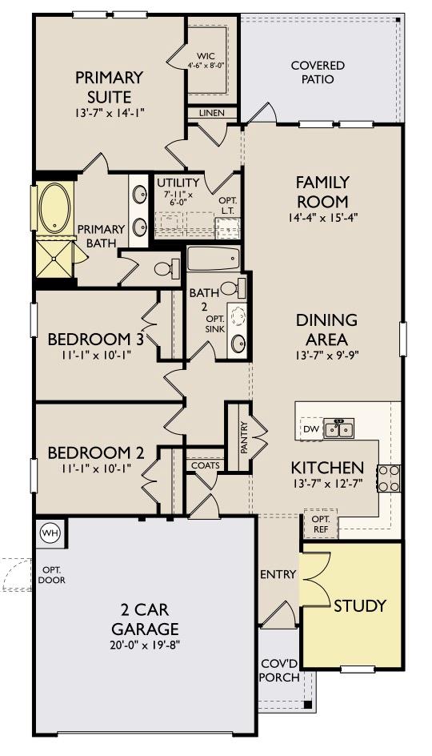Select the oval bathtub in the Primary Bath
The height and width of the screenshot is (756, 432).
coord(55,207)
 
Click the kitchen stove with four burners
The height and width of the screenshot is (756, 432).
coord(389,478)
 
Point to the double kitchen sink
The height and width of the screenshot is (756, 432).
coord(338,428)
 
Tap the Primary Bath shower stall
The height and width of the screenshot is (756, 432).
coord(54,259)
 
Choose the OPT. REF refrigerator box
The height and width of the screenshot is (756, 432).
coord(320,524)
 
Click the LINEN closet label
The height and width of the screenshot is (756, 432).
coord(212,113)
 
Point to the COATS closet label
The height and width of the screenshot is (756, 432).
coord(206,465)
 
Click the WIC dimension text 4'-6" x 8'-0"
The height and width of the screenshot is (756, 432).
coord(207,66)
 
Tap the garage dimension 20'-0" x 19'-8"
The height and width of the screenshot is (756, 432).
coord(145,645)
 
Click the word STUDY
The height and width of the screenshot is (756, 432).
coord(360,605)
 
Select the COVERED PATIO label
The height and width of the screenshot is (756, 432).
coord(318,72)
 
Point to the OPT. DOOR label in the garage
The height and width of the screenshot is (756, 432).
coord(51,575)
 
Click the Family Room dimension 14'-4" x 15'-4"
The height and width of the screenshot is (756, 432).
coord(322,218)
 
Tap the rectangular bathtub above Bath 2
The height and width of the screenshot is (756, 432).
coord(213,259)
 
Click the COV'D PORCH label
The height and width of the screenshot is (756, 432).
coord(279,670)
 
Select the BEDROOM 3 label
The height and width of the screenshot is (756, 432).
coord(95,339)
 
